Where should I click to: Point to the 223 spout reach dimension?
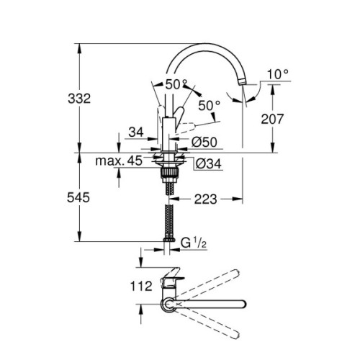205,199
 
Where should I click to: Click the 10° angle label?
276,74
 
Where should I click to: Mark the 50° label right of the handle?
209,105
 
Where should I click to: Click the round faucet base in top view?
168,306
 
